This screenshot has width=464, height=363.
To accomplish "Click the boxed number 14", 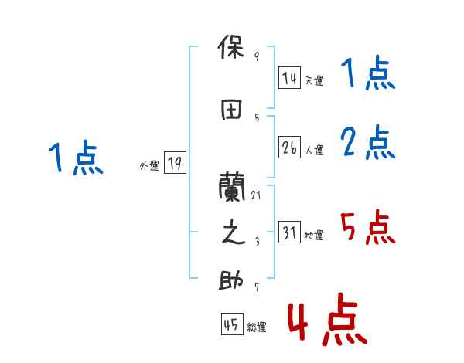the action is (289, 78).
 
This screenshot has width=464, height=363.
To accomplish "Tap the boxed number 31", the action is (289, 233).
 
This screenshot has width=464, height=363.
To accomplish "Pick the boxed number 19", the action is (175, 163).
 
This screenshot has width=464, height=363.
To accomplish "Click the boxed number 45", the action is (231, 325).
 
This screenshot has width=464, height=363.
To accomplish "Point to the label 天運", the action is (315, 80).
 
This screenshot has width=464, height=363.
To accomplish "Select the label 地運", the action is (315, 236).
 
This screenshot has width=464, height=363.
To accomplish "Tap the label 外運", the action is (149, 165).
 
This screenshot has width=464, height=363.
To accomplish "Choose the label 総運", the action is (257, 327).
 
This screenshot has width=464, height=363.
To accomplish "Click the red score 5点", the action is (367, 228).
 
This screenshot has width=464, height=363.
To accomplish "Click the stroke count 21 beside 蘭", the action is (256, 195).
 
